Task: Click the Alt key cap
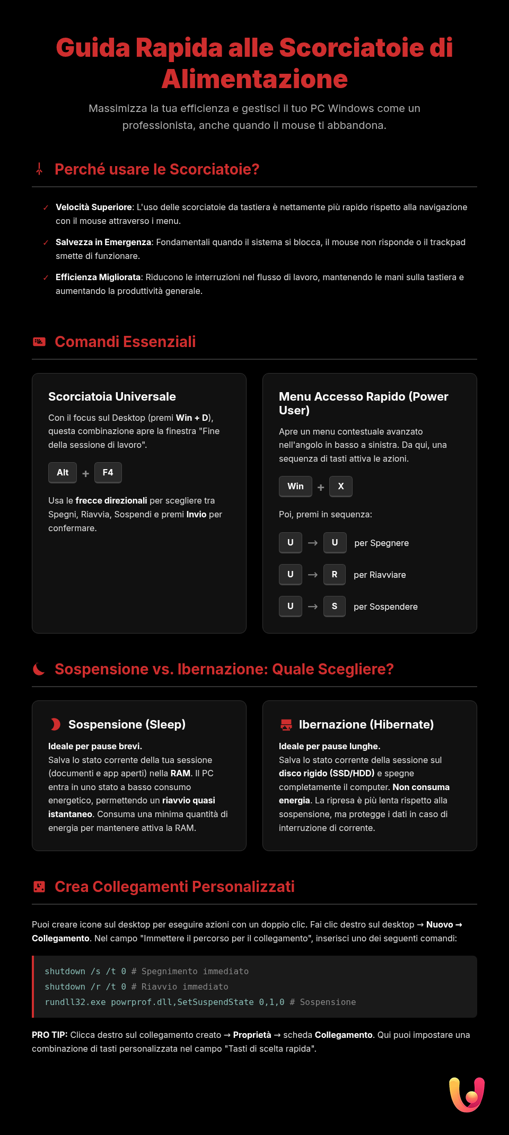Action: click(63, 472)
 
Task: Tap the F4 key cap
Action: click(108, 472)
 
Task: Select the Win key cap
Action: click(295, 486)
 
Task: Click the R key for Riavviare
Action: click(335, 574)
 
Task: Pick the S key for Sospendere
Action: click(335, 606)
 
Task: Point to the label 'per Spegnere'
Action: click(381, 543)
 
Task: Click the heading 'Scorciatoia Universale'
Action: click(112, 396)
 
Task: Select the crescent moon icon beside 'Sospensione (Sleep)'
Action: click(55, 724)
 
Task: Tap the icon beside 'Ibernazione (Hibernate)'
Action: click(286, 724)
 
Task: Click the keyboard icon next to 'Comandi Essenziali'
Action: click(39, 342)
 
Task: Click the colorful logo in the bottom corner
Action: click(467, 1094)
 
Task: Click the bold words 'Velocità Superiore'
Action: click(94, 207)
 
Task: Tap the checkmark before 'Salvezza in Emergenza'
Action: click(46, 242)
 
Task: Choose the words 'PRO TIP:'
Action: click(49, 1035)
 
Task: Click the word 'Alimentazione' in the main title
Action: click(254, 79)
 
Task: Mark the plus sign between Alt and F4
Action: click(85, 473)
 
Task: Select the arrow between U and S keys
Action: click(313, 607)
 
